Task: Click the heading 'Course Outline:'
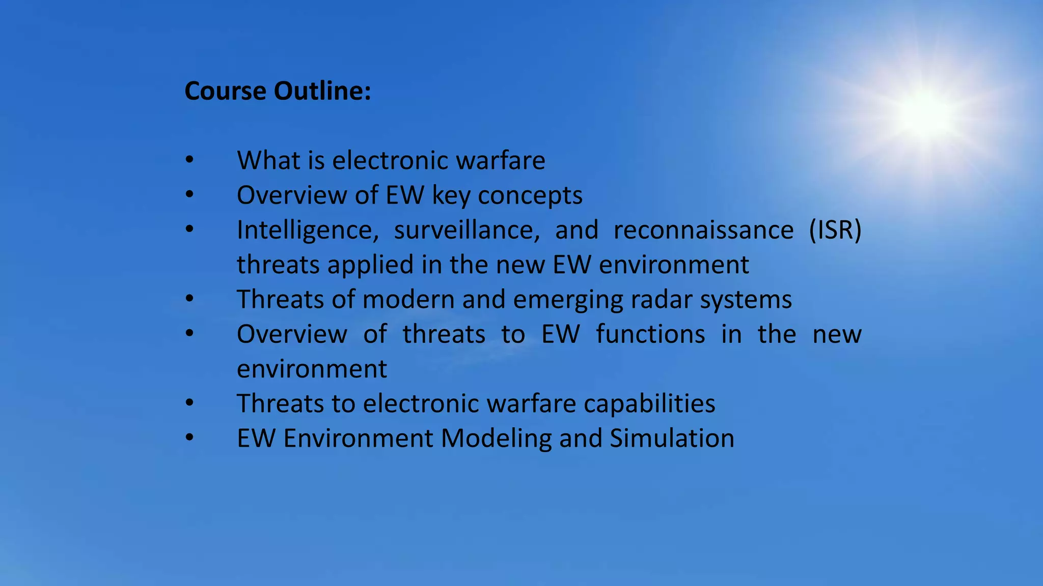point(278,92)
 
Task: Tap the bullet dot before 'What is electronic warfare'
point(189,160)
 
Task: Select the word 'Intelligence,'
point(308,230)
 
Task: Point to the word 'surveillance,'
point(466,230)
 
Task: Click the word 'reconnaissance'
point(703,230)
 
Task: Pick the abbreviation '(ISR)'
point(835,230)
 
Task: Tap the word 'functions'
point(650,335)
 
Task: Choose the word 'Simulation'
point(672,438)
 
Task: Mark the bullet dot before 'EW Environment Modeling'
point(189,438)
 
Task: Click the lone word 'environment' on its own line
point(312,369)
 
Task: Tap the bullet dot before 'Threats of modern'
point(189,299)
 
